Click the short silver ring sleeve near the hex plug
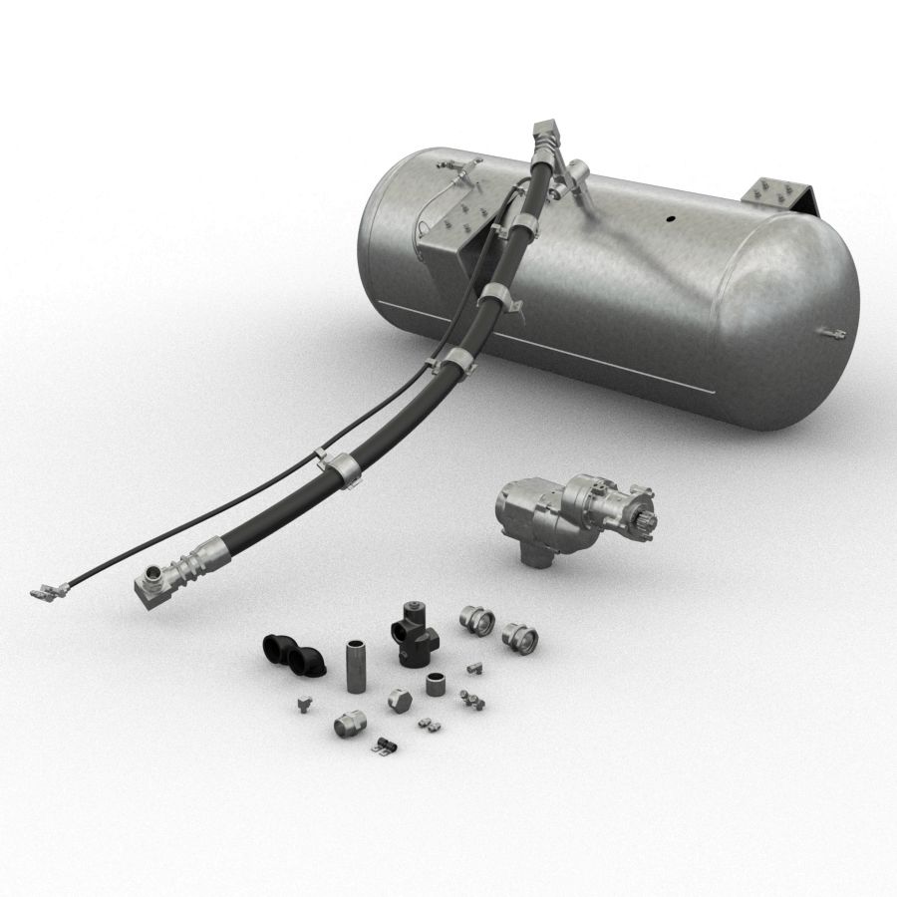pyautogui.click(x=435, y=685)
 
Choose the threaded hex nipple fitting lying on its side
pyautogui.click(x=349, y=725)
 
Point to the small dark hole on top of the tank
pyautogui.click(x=670, y=216)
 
